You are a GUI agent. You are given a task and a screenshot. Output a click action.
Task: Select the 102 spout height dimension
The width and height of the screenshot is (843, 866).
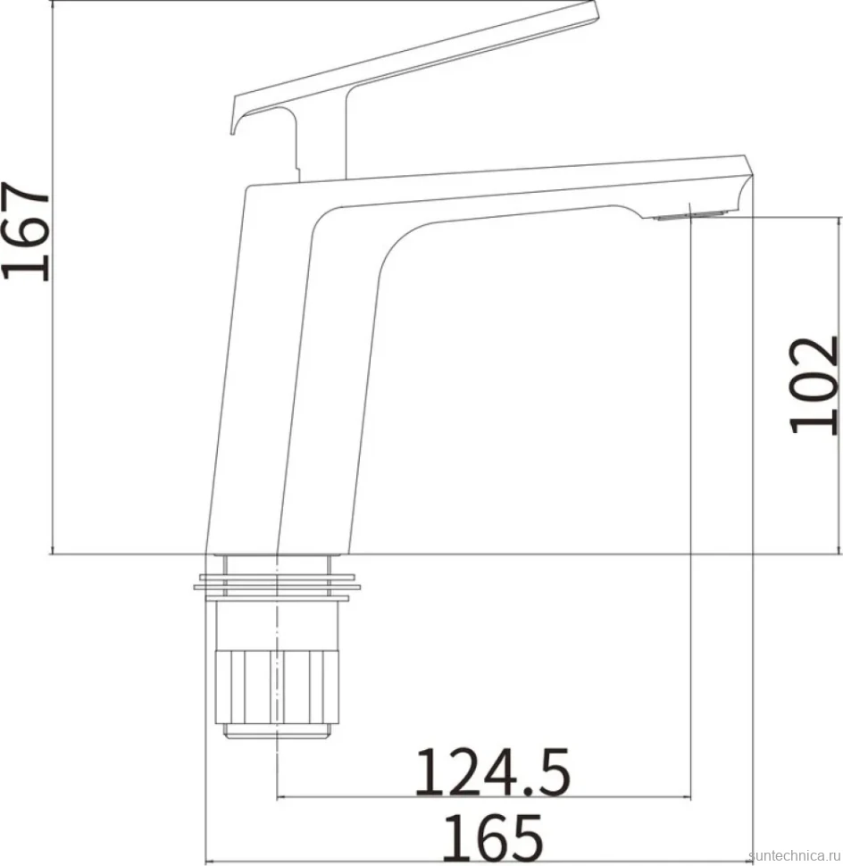[x=814, y=385]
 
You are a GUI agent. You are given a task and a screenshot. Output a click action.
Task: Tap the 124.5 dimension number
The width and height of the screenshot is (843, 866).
[x=492, y=772]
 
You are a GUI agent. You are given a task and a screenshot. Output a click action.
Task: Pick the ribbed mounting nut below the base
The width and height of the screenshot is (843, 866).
[x=275, y=687]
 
